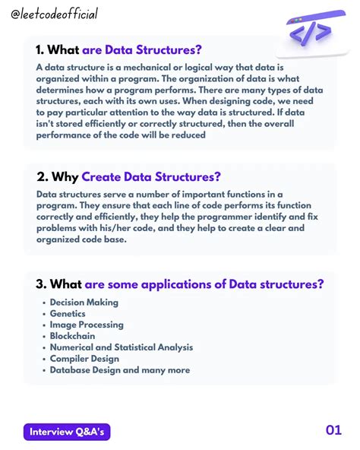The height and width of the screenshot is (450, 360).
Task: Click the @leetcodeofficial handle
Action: coord(55,14)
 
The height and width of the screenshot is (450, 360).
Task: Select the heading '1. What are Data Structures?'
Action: coord(119,51)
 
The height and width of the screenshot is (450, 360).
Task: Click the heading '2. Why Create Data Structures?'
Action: coord(128,177)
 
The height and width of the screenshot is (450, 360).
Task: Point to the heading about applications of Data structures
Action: coord(180,284)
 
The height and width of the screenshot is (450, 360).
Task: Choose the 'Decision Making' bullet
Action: coord(84,303)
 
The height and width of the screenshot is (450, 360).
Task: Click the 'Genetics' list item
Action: coord(68,314)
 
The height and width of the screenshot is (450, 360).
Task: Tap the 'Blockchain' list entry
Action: coord(73,337)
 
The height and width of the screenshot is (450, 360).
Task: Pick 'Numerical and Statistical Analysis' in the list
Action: coord(121,348)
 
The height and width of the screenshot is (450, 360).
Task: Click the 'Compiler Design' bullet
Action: coord(84,360)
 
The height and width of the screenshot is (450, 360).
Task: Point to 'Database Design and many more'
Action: coord(119,371)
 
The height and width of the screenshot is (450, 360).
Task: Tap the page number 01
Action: coord(333,431)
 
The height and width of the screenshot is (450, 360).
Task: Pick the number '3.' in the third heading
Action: coord(41,284)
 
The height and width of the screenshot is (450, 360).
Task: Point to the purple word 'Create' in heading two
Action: coord(106,177)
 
